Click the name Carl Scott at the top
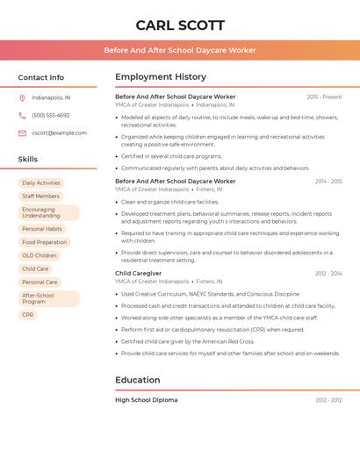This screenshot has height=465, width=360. point(180,25)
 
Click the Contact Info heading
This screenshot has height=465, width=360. point(40,77)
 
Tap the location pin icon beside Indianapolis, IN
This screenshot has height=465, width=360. point(22,97)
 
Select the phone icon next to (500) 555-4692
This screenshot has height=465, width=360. point(22,115)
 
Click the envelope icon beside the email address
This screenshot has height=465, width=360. point(22,132)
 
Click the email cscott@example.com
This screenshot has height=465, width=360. point(59,132)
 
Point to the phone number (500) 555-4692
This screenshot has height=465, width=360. point(51,115)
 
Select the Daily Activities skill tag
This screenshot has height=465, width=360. point(41,183)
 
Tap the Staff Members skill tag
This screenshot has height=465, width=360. point(41,197)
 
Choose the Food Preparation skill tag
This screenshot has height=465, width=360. point(44,242)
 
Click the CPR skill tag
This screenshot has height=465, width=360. point(28,314)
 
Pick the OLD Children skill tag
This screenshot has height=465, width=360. point(40,255)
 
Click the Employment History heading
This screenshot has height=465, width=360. point(160,77)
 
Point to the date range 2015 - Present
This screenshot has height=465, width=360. point(324,97)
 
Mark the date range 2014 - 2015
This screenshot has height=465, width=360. point(328,181)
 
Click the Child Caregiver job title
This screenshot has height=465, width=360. point(138,273)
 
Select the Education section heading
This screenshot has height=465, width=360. point(137,380)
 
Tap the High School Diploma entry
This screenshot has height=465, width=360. point(146,399)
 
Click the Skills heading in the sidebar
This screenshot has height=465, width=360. point(28,159)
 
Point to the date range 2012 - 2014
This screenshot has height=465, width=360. point(328,273)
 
